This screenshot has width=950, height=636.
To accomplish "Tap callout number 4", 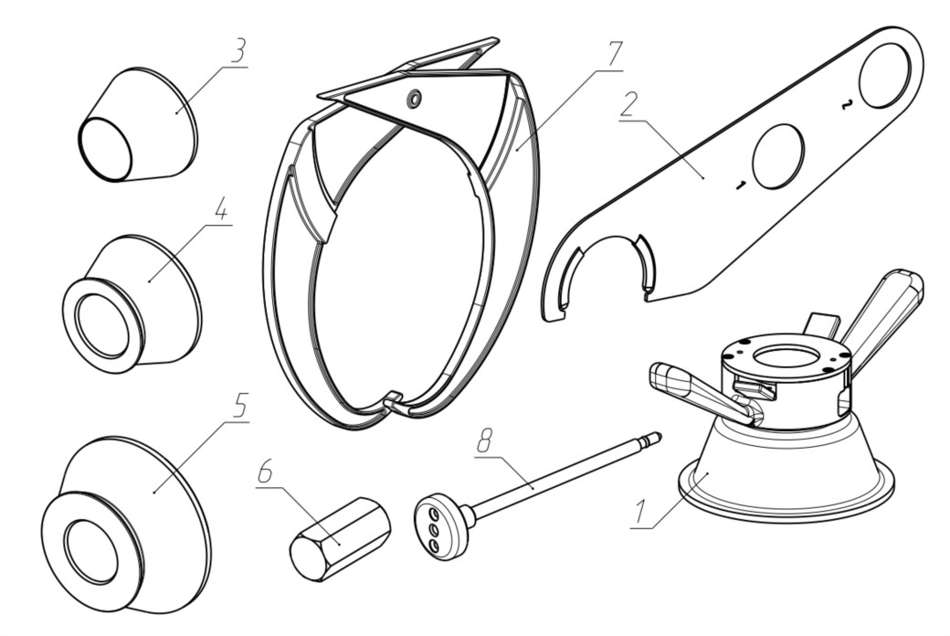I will [219, 209].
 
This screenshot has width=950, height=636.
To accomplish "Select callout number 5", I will [239, 406].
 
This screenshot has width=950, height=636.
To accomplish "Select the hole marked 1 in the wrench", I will [777, 156].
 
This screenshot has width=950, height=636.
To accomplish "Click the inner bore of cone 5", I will [91, 551].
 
